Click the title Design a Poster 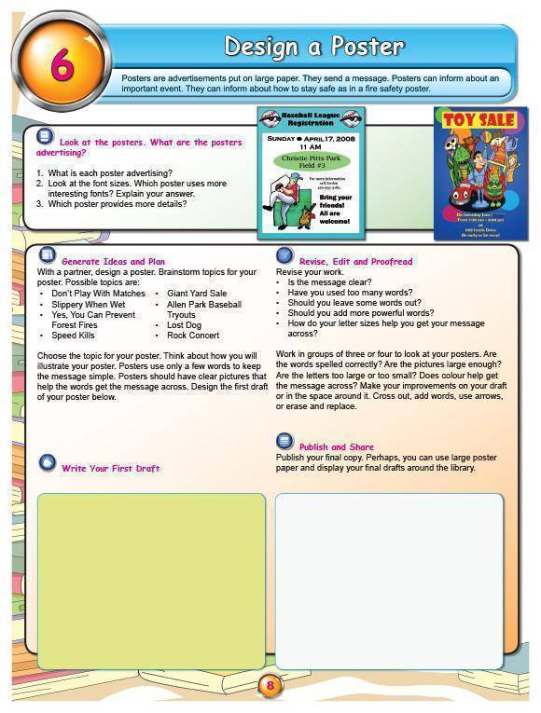[314, 46]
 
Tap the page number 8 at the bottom [270, 687]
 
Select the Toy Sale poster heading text [479, 121]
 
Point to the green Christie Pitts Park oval [312, 160]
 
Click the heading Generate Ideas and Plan [113, 262]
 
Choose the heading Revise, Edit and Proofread [355, 262]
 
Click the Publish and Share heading [336, 447]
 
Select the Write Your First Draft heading [110, 468]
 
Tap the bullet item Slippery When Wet [88, 305]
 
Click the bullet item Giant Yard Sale [197, 294]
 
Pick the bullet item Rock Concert [193, 336]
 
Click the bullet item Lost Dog [184, 325]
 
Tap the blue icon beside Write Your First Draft [47, 463]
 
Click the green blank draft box [151, 580]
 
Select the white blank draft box [389, 580]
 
